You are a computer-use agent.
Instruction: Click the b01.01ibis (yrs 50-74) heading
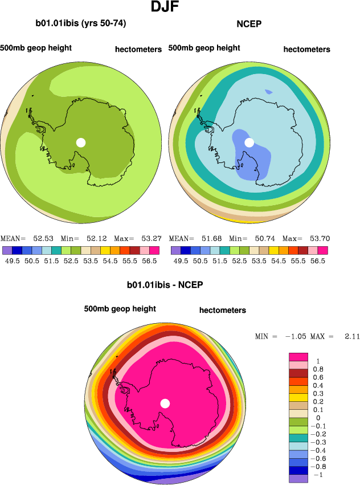point(80,23)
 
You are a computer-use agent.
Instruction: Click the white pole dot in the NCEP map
point(249,142)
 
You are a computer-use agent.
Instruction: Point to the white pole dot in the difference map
point(165,404)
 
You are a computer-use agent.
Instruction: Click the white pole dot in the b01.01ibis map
point(81,142)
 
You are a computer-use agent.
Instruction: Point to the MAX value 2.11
point(351,337)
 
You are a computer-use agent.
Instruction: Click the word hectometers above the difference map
point(223,310)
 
